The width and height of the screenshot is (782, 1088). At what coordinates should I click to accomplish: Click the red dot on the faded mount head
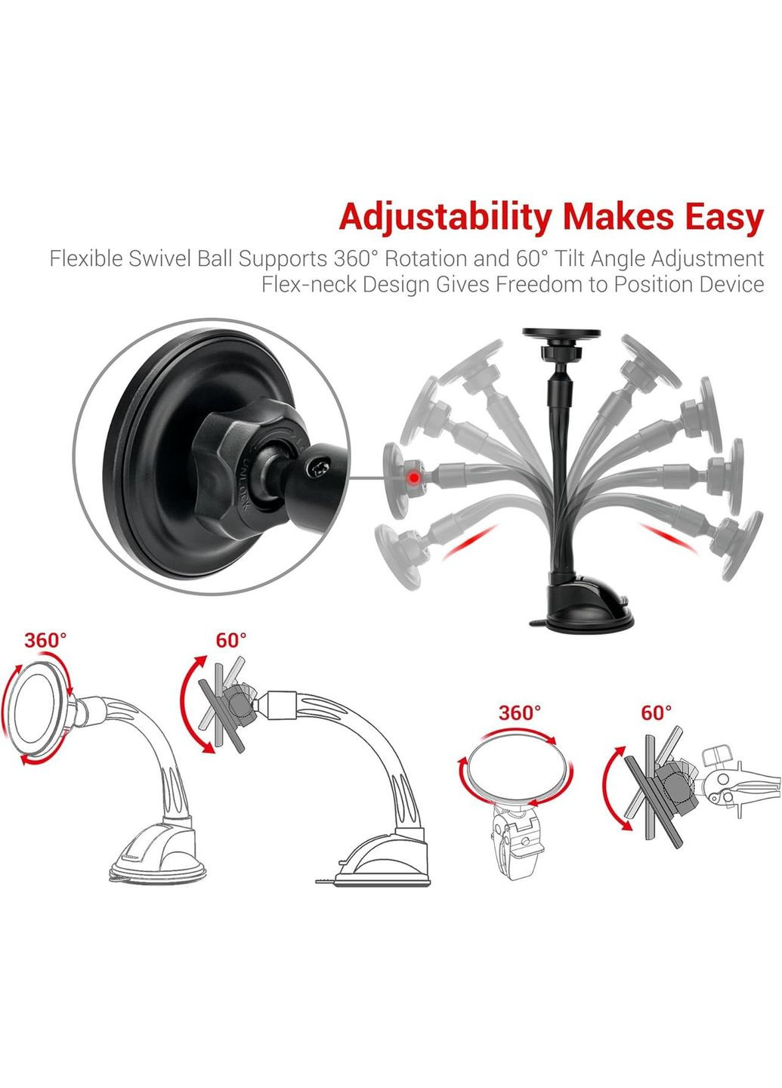coord(414,478)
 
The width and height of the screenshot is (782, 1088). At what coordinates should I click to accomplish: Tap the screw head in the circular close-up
coord(319,469)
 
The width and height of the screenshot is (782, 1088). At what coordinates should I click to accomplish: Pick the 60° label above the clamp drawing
coord(657,712)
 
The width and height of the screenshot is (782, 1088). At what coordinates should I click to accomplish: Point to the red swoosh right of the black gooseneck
coord(669,537)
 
